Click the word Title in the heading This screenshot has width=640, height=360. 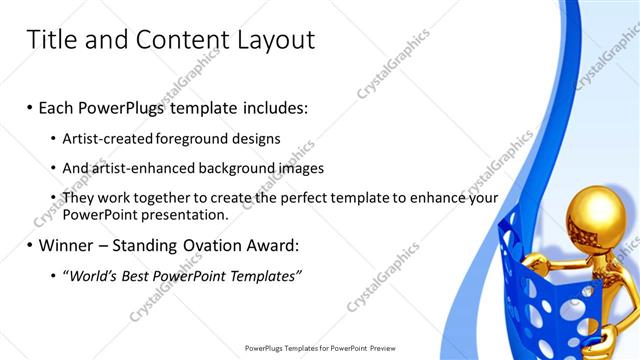pyautogui.click(x=49, y=40)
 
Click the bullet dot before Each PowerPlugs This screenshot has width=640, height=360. pyautogui.click(x=29, y=108)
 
